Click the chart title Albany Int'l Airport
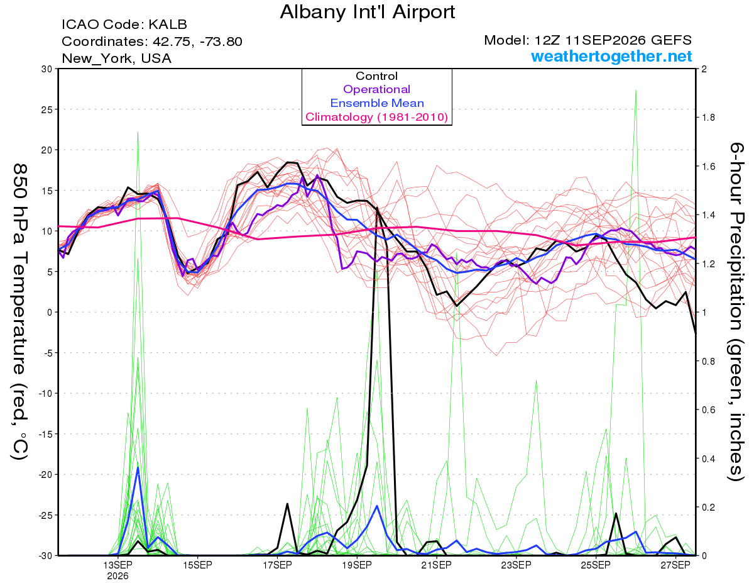(367, 12)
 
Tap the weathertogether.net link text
(611, 56)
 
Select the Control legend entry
(376, 76)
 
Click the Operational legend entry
(376, 89)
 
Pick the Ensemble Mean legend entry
(377, 103)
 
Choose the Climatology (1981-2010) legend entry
(377, 117)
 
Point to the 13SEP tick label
(118, 565)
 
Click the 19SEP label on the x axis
(357, 565)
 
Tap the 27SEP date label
(675, 565)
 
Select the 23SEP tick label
(516, 565)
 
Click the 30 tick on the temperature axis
(47, 69)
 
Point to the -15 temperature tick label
(45, 434)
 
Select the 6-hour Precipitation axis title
(736, 311)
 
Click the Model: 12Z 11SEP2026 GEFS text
(587, 40)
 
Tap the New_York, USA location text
(117, 58)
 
